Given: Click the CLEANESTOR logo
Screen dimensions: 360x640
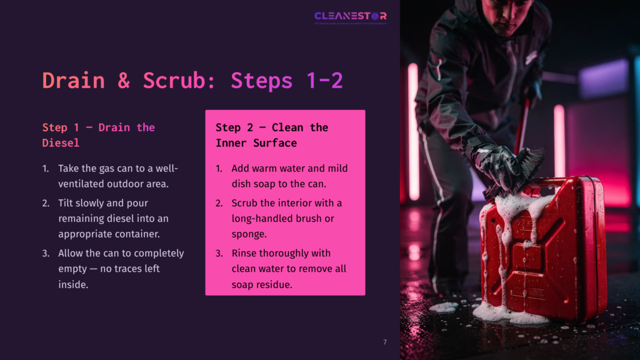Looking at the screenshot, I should (350, 16).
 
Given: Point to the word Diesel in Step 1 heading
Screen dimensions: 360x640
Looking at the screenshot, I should (61, 143).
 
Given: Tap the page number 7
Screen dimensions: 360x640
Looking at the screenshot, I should (385, 342).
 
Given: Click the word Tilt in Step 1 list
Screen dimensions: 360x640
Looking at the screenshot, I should (69, 203).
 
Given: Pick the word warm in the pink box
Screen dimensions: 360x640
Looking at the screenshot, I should (266, 169).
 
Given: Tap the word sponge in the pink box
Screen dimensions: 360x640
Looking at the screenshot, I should (248, 234).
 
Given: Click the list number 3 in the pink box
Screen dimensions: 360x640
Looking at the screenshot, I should (219, 253).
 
